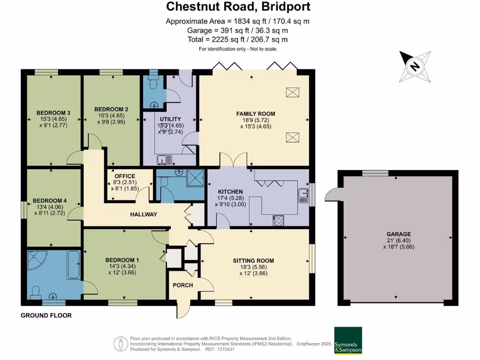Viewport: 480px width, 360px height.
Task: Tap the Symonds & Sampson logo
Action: [347, 341]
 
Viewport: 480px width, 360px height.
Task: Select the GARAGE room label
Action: [398, 234]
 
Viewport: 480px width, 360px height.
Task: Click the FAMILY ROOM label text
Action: [255, 113]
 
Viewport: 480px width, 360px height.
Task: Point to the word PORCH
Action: [183, 285]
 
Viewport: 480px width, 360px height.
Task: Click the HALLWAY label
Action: [143, 214]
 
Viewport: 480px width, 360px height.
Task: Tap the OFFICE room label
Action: [125, 176]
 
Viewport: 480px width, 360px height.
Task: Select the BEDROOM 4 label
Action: [52, 201]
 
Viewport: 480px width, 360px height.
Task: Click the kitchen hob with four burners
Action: [278, 220]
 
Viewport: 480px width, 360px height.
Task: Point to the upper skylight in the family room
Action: [292, 93]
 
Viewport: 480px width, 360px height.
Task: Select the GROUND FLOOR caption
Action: [46, 315]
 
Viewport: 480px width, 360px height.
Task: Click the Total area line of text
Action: [238, 39]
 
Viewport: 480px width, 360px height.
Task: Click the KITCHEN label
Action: [230, 192]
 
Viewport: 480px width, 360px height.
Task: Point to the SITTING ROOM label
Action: [253, 261]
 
